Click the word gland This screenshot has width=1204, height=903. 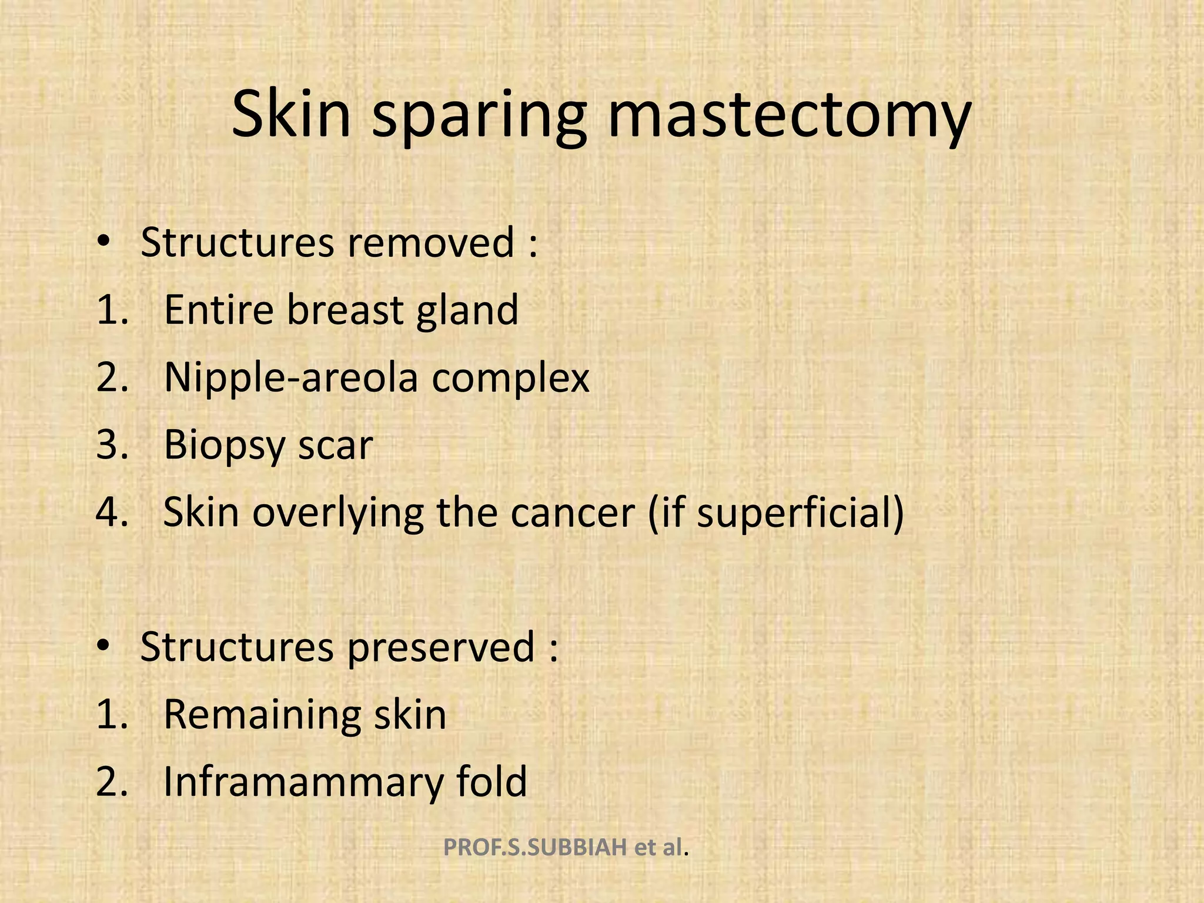coord(467,310)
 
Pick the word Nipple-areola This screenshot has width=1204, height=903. coord(291,378)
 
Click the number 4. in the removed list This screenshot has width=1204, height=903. coord(112,513)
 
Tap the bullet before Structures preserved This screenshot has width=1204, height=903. coord(103,647)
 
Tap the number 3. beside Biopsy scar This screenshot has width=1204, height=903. coord(112,445)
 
